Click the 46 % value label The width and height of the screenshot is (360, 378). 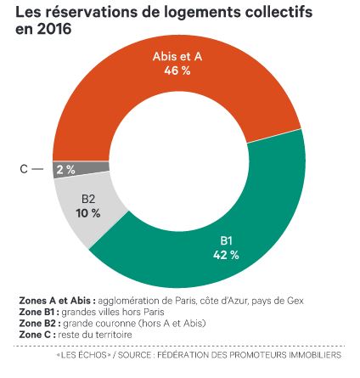(x=177, y=71)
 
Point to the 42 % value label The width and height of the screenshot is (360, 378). (x=226, y=256)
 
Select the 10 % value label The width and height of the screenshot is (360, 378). (x=88, y=213)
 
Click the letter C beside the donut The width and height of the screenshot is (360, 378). (x=24, y=169)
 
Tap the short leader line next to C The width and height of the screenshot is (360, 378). (x=37, y=169)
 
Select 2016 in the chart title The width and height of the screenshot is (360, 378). (x=54, y=29)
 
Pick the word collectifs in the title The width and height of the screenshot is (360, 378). (x=278, y=13)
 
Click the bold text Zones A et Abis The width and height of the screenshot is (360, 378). (x=57, y=301)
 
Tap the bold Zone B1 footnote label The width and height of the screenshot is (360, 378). (x=39, y=312)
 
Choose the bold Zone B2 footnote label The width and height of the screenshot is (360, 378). (x=40, y=323)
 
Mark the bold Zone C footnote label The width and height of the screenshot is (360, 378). (x=37, y=335)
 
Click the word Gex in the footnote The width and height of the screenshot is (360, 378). (x=295, y=301)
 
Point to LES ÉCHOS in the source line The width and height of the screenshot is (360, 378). (x=84, y=355)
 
